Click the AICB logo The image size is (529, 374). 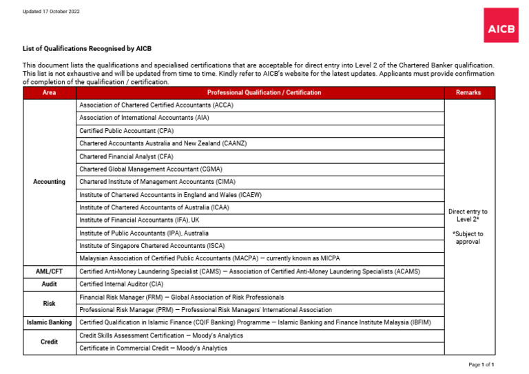501,25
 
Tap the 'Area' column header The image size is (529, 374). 50,92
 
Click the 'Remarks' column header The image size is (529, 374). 468,92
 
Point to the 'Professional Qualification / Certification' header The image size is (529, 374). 264,92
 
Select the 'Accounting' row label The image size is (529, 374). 50,182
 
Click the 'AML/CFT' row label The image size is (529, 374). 50,271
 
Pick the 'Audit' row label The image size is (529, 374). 50,284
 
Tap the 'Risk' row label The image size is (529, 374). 50,303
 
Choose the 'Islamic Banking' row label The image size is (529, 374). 50,322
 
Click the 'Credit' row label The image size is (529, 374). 50,342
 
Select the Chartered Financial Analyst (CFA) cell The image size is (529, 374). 126,156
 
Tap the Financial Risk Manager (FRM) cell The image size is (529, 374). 181,297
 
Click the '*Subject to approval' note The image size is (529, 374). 468,238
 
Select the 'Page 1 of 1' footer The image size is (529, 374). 481,364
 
